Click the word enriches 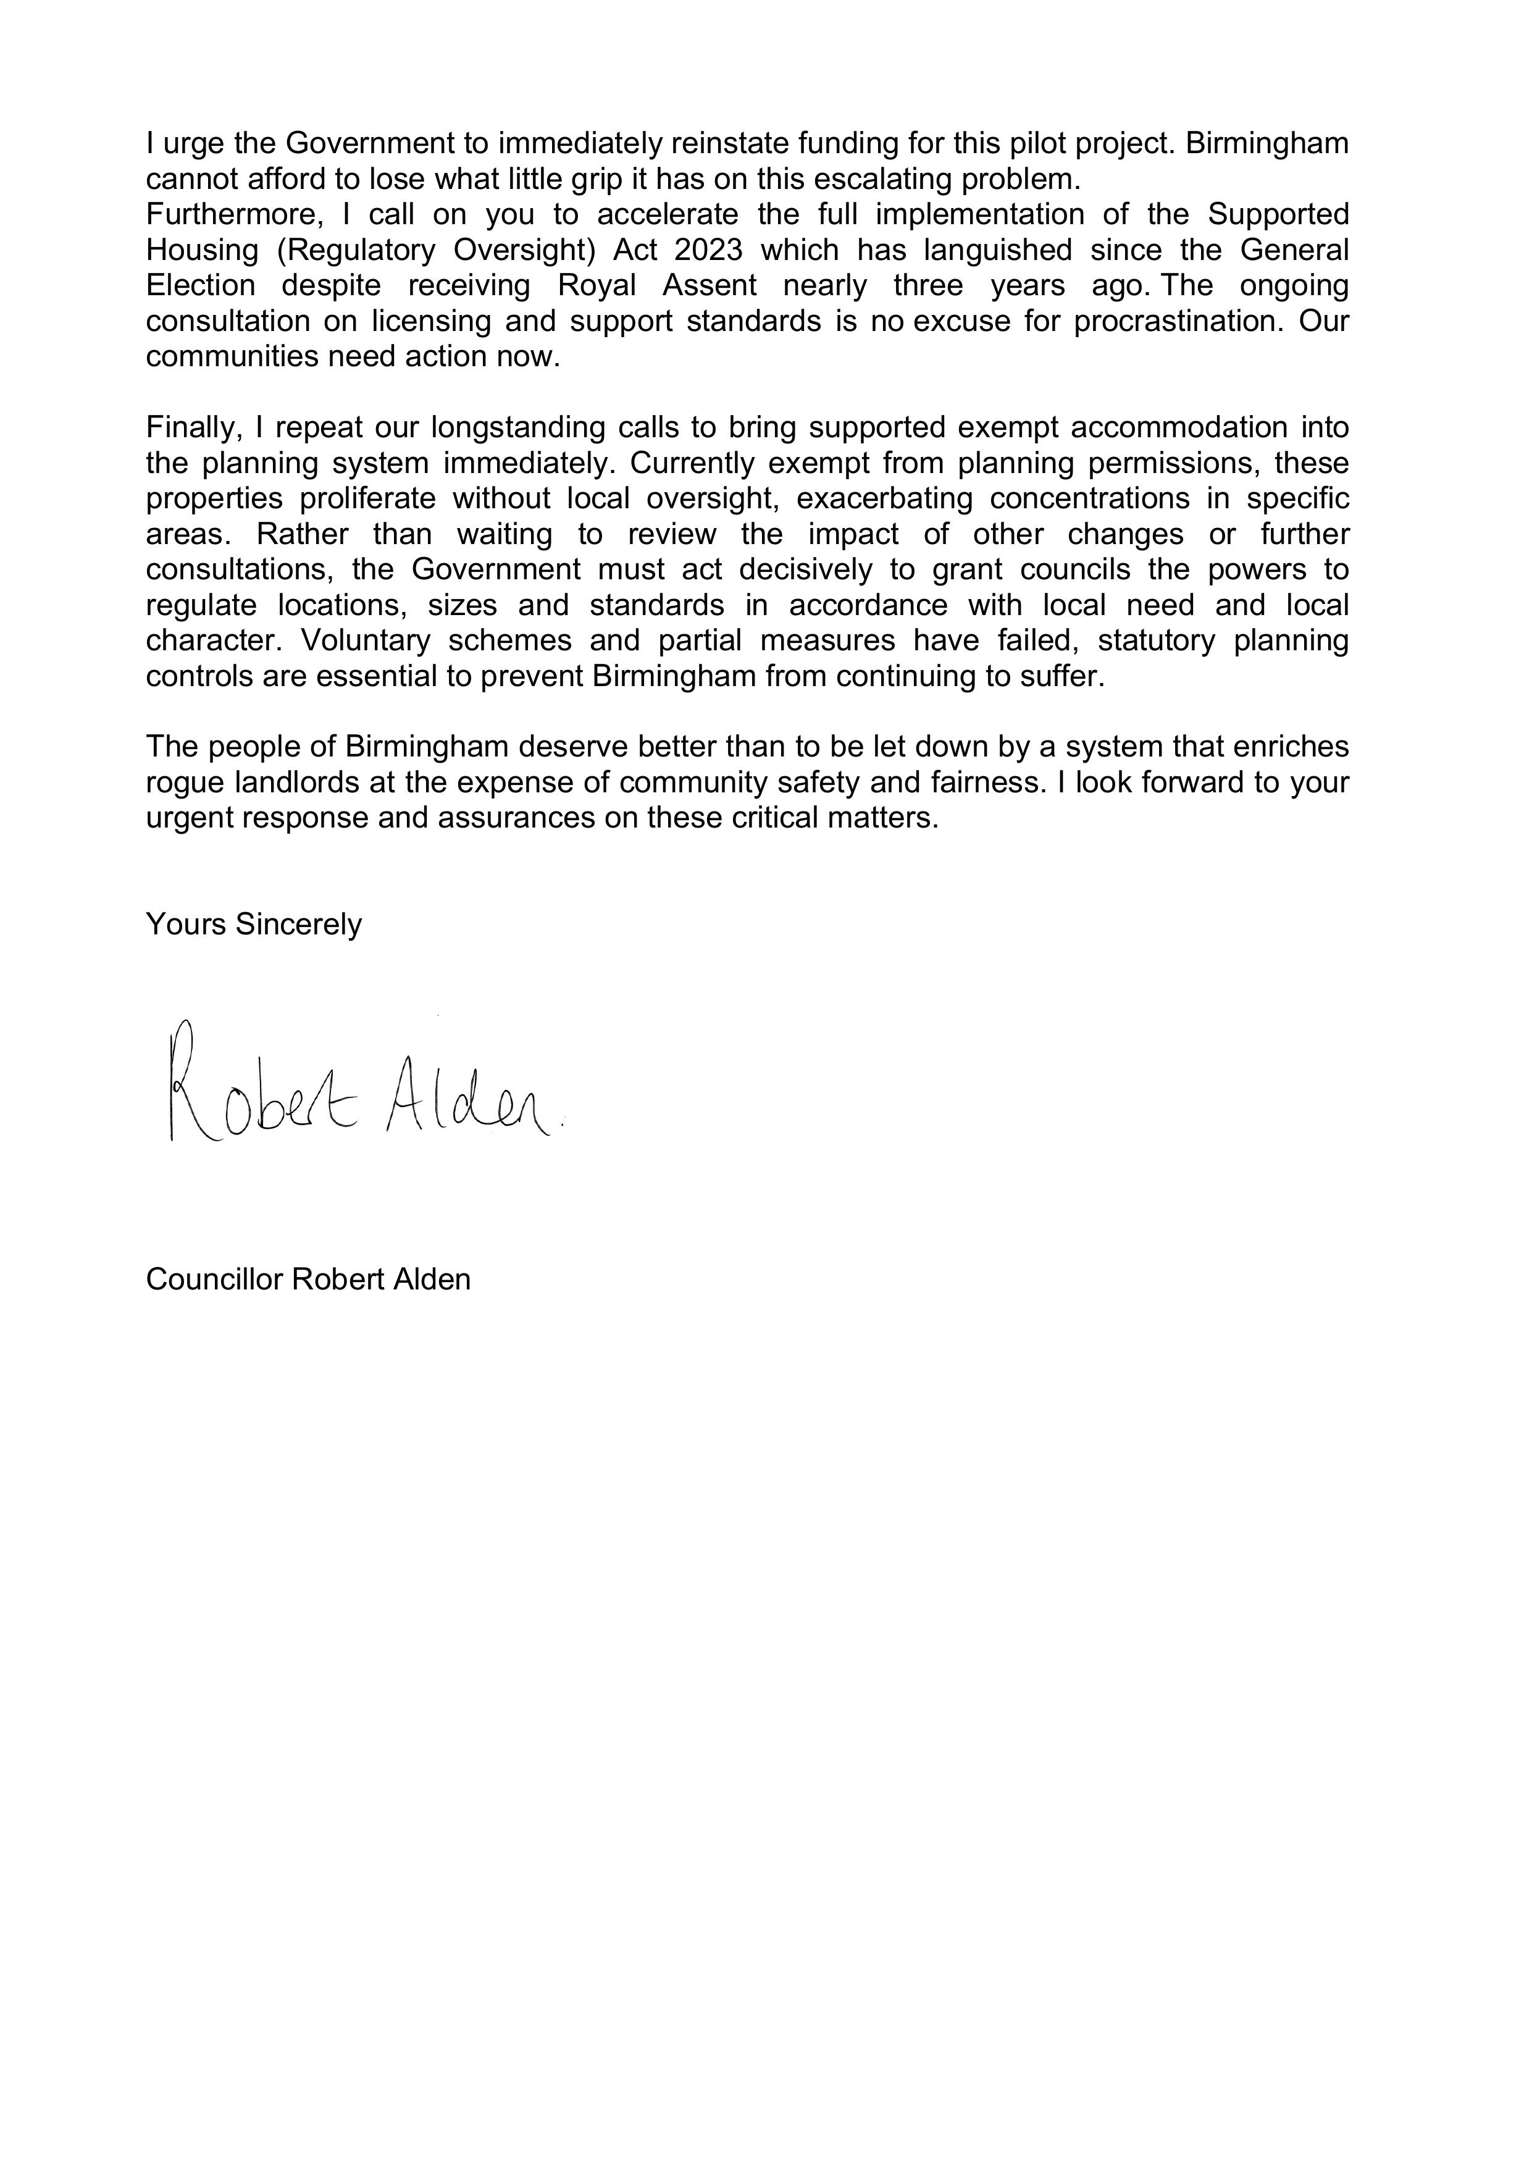pos(1293,747)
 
